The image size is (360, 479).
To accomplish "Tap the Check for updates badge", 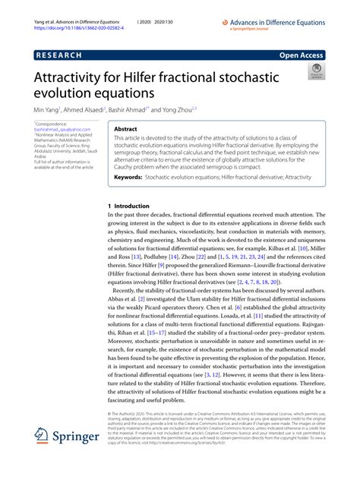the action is (314, 73).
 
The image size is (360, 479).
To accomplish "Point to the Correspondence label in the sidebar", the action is (52, 124).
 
